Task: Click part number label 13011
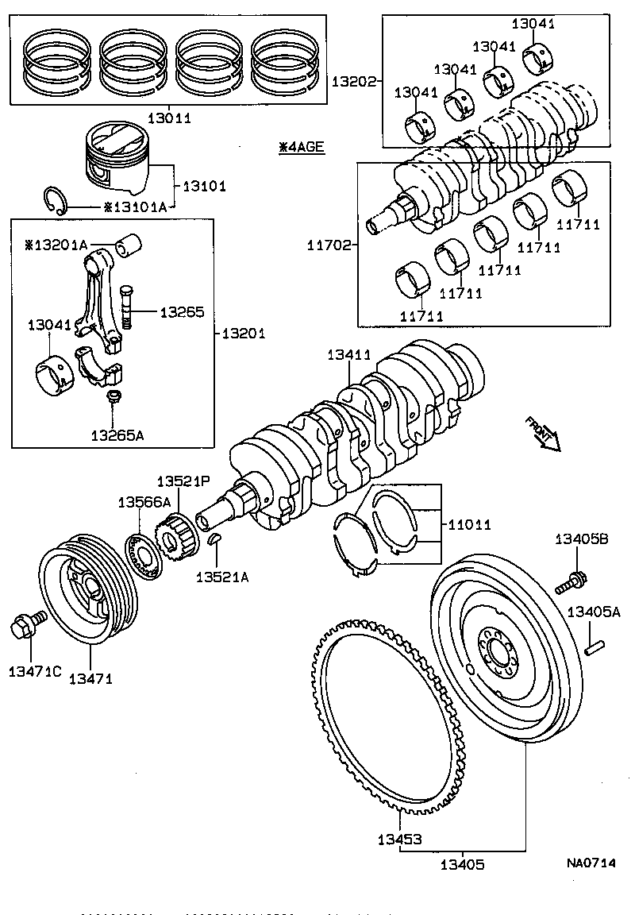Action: (x=169, y=118)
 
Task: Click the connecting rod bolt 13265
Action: (x=127, y=310)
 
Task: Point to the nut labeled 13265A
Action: (x=113, y=396)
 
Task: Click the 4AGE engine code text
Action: (x=302, y=147)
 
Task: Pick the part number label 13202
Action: (x=352, y=81)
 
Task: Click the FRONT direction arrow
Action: (x=542, y=434)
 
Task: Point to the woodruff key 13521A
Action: (x=214, y=542)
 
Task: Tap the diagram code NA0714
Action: (x=591, y=863)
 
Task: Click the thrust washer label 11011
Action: (x=469, y=525)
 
